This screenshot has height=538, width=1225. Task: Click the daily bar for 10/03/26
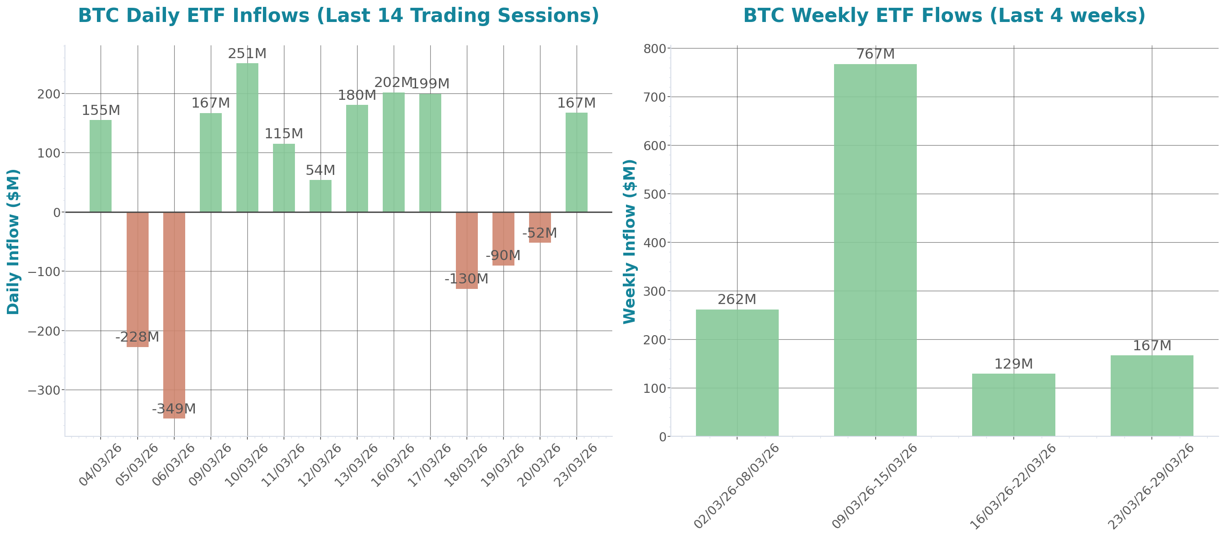247,138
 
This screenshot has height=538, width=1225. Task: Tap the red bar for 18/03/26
466,250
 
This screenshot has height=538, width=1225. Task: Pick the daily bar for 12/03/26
321,196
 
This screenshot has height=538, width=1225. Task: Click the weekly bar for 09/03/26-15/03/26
875,250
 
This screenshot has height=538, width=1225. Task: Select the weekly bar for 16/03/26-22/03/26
1013,405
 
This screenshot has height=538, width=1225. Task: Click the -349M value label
174,409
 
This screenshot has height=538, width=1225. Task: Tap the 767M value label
875,54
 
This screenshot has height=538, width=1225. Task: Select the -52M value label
539,234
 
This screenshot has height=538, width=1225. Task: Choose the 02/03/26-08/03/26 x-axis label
737,486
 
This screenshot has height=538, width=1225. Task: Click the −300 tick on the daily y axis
44,391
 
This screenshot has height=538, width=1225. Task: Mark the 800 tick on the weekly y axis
654,49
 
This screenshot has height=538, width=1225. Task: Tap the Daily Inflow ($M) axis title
13,241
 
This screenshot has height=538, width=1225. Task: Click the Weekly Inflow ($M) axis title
629,241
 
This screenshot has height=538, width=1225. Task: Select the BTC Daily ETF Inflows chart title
338,16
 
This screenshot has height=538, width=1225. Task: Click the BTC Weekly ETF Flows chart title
944,16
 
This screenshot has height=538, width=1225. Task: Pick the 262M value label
737,299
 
